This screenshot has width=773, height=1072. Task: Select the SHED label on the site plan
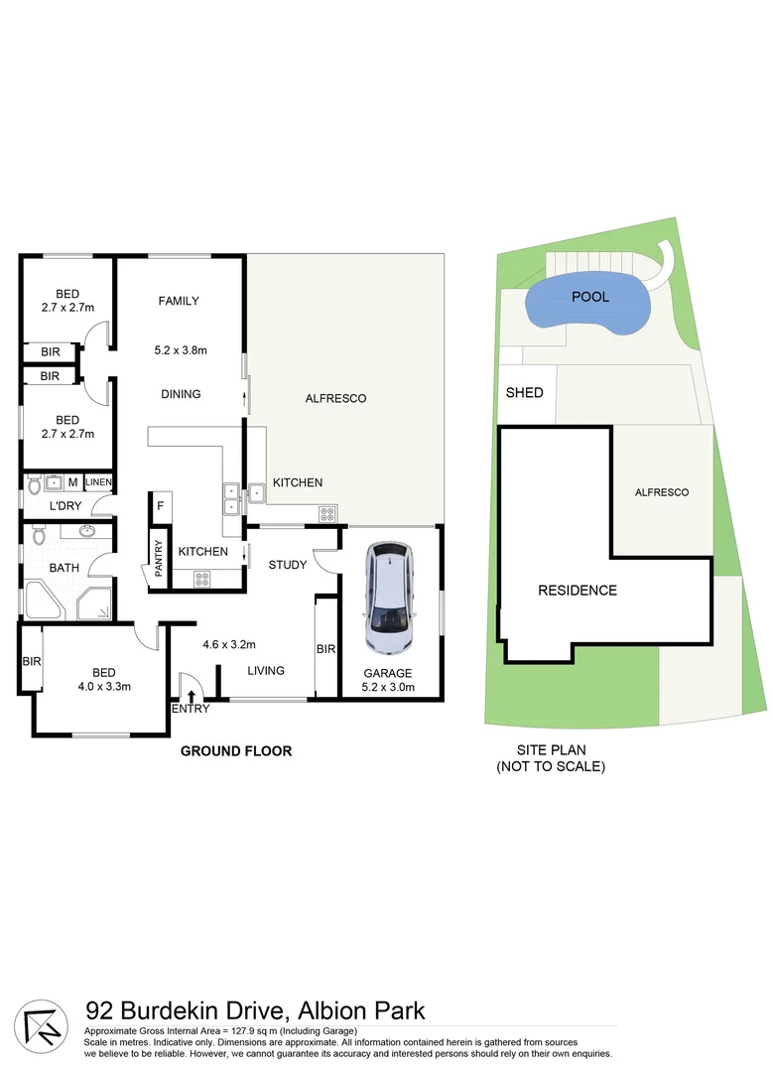(x=525, y=393)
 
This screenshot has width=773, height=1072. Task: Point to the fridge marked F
(x=160, y=504)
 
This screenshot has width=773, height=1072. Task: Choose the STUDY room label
(x=287, y=565)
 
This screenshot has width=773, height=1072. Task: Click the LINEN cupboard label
(x=98, y=482)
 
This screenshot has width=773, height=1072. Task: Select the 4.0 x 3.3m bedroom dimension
(x=99, y=685)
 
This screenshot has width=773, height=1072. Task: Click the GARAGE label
(x=387, y=673)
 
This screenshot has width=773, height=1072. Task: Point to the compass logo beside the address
(x=42, y=1025)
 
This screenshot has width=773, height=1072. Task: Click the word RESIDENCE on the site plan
(x=578, y=591)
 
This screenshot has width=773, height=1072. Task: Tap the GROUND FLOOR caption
(x=236, y=751)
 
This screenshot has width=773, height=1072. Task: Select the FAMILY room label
(x=180, y=301)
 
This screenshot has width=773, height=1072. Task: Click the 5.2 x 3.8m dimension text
(x=180, y=349)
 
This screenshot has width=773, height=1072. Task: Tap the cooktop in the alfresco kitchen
(x=326, y=513)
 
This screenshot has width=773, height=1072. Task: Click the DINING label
(x=181, y=394)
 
